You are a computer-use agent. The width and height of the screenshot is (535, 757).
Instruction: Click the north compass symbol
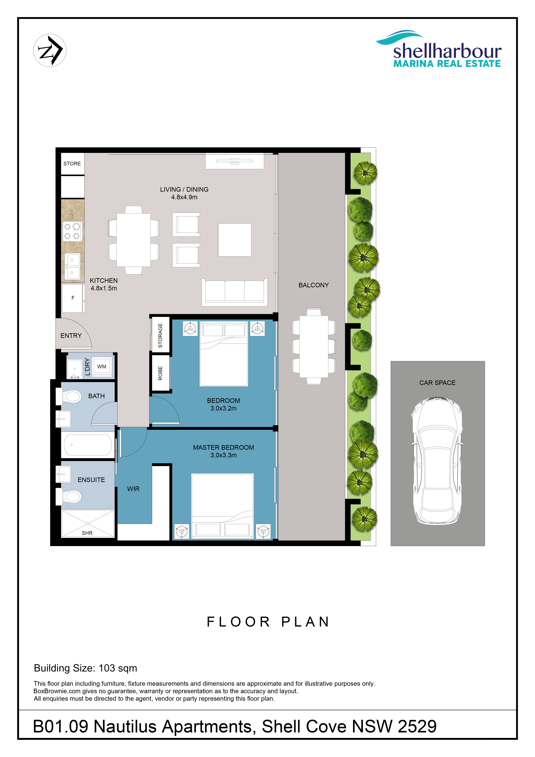50,51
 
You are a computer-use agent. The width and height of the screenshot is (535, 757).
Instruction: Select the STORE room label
72,164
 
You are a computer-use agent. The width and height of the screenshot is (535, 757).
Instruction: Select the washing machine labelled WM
102,366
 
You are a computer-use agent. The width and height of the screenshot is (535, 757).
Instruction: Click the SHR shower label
87,533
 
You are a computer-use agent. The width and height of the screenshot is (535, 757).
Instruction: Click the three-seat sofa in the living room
235,292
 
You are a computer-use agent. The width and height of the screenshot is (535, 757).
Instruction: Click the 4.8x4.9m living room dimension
184,197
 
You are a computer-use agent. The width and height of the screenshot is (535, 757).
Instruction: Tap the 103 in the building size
107,668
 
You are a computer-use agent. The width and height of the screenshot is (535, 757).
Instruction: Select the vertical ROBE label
160,373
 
